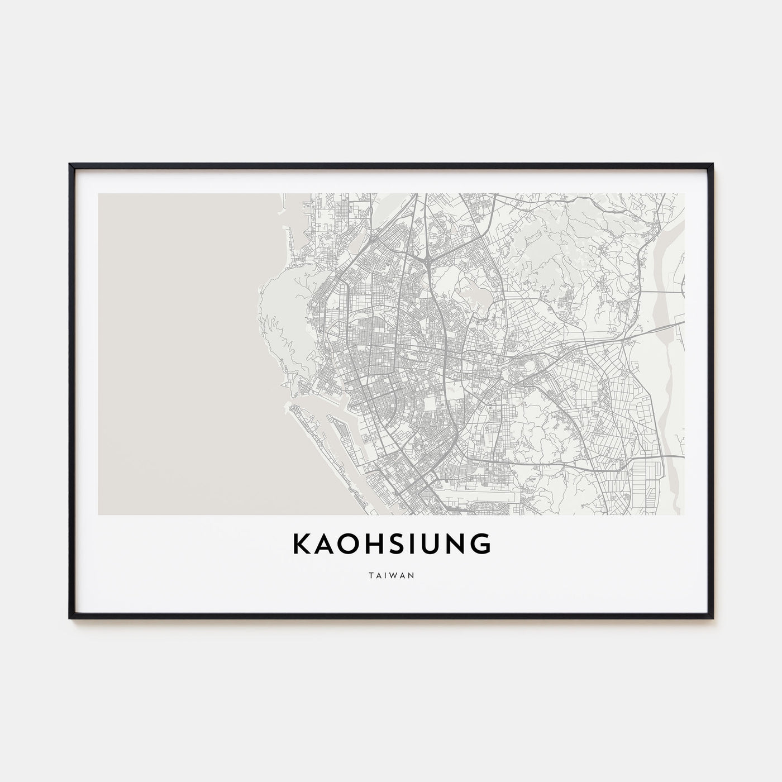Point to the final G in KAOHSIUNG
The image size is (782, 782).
(481, 545)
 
